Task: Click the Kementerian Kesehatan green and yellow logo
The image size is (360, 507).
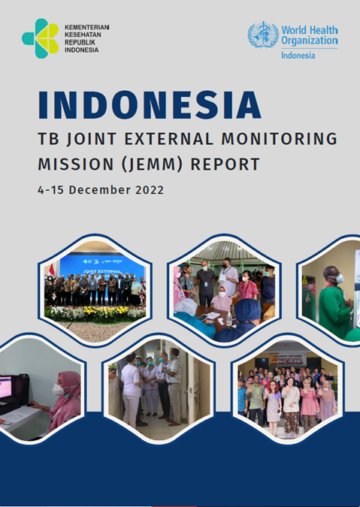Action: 39,38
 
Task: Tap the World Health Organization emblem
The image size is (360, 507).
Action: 263,35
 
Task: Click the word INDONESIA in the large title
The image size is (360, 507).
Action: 150,106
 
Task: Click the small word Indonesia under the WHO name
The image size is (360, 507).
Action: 299,56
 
